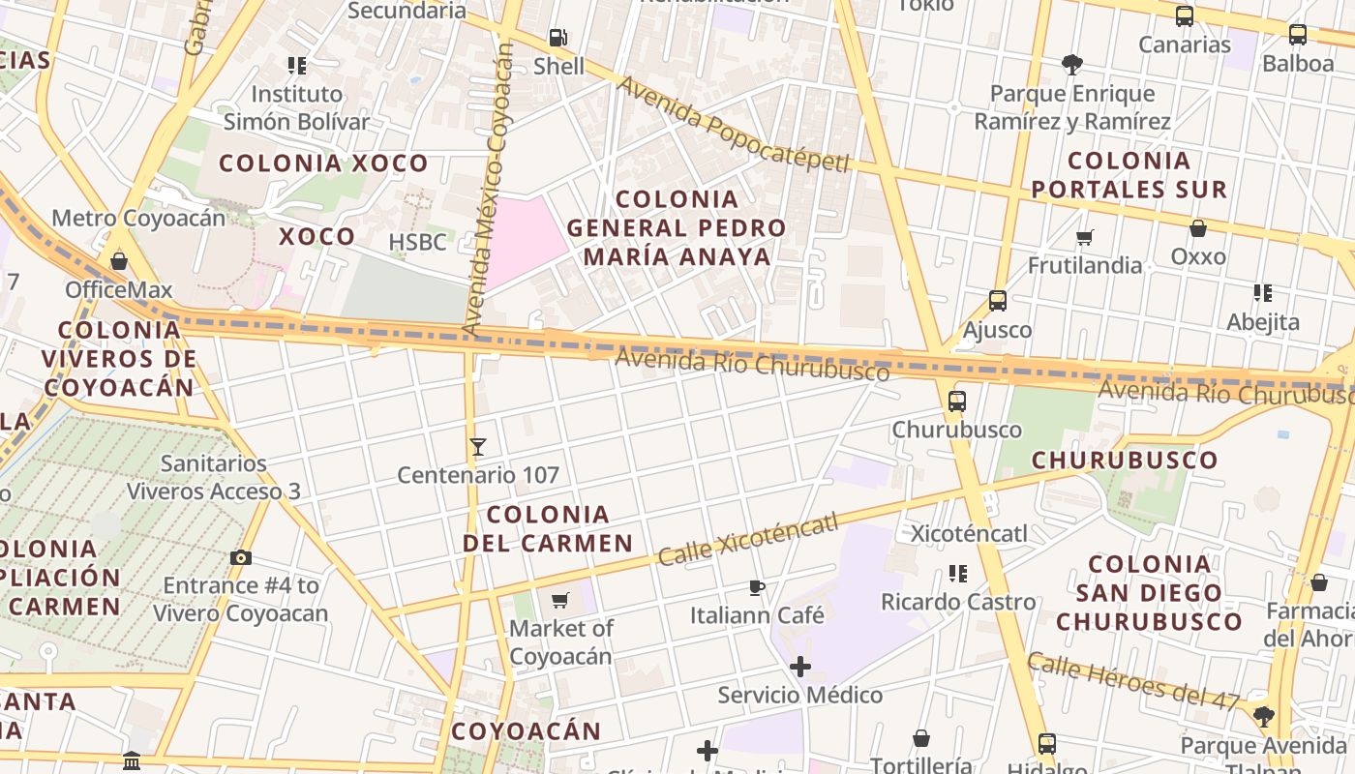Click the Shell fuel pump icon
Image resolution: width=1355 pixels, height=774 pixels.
(x=557, y=38)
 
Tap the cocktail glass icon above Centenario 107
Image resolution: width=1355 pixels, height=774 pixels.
(x=477, y=447)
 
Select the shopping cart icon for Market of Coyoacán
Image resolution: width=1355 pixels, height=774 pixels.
(x=560, y=601)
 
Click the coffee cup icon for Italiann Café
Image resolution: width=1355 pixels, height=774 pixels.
(x=757, y=587)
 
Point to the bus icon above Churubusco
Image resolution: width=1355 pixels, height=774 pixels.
(x=957, y=401)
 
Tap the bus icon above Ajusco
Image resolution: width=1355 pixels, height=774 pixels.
(x=998, y=301)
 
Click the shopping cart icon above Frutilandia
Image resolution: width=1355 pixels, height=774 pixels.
(x=1085, y=237)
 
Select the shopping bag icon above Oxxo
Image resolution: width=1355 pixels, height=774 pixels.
(x=1198, y=228)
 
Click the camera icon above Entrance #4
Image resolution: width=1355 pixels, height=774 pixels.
(x=241, y=557)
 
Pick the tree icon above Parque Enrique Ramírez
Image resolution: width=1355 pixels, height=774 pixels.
(x=1071, y=65)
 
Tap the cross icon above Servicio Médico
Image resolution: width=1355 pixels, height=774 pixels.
(x=800, y=667)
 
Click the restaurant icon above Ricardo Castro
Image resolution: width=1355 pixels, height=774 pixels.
(x=958, y=574)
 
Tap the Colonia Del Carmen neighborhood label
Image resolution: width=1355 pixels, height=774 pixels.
(x=548, y=528)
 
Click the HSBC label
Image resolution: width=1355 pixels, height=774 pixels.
(x=418, y=242)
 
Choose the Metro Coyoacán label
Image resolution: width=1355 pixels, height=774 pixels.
(x=138, y=218)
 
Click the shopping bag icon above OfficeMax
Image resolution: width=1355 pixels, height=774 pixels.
(x=119, y=261)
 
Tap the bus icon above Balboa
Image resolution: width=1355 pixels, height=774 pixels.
(x=1298, y=35)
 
